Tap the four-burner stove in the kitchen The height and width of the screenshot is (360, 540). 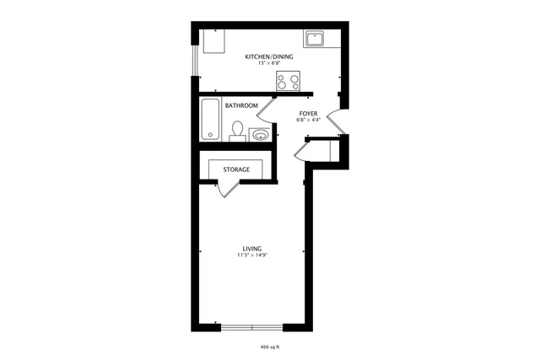coord(289,82)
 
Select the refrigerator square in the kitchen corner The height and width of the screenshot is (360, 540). coord(213,40)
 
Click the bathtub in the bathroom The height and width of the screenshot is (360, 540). coord(211,120)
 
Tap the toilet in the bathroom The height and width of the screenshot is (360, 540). coord(239,130)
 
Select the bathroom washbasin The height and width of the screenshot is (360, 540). coord(260,133)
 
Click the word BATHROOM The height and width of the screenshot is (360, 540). coord(241,105)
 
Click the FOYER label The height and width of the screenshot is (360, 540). coord(308,113)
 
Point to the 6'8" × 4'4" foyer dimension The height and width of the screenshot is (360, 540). coord(308,120)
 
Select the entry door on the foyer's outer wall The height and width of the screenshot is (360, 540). coord(335,122)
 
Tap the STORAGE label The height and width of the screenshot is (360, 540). coord(236,169)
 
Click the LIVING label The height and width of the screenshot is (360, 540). coord(251,248)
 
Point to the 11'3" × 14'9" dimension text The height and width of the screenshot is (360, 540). coord(251,255)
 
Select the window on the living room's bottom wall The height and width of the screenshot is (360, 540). coord(252,326)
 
